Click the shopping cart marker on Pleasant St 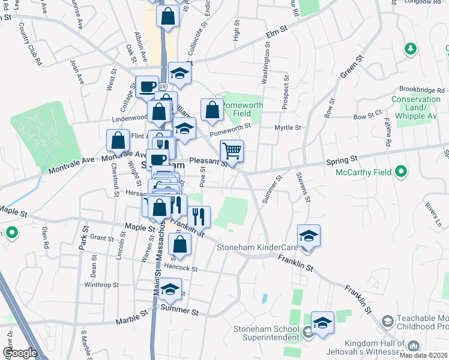point(232,151)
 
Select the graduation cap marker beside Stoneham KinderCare point(309,235)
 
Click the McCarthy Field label point(363,173)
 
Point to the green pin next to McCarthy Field point(402,173)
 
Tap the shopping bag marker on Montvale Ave point(118,141)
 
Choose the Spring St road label point(342,160)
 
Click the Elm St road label point(277,30)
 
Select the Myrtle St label point(288,127)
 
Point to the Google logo point(20,353)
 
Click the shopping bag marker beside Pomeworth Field point(212,110)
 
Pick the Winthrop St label point(101,285)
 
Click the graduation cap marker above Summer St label point(170,289)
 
